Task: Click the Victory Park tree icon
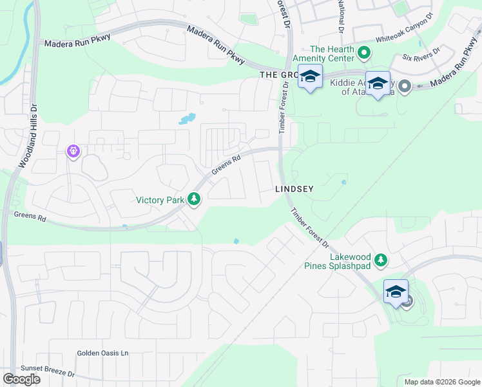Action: [193, 200]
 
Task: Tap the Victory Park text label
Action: [160, 200]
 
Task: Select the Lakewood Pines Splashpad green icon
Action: [381, 260]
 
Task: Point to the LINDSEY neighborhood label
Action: [294, 189]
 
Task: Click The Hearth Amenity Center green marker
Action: [363, 52]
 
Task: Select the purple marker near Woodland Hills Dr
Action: [73, 152]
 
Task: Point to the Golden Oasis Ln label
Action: [103, 353]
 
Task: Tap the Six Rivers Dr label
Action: [421, 54]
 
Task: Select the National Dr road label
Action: [340, 17]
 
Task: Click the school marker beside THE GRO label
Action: [310, 77]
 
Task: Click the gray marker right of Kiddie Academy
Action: [404, 86]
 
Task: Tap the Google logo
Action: [21, 379]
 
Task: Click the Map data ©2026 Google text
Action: [442, 382]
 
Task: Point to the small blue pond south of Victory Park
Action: [236, 242]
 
